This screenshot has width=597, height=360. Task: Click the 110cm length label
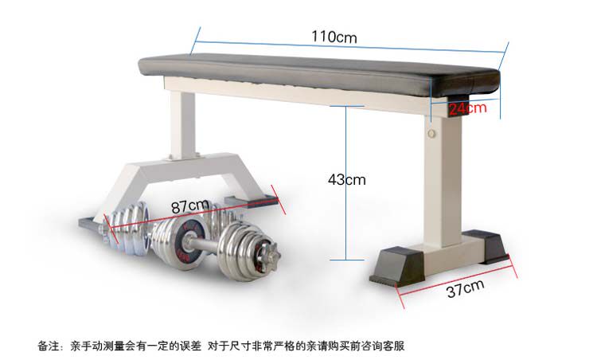pyautogui.click(x=334, y=37)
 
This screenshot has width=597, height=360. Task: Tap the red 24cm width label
pyautogui.click(x=466, y=108)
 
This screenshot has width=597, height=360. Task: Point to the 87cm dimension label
pyautogui.click(x=190, y=207)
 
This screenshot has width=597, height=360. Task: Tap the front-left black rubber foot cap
pyautogui.click(x=396, y=267)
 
